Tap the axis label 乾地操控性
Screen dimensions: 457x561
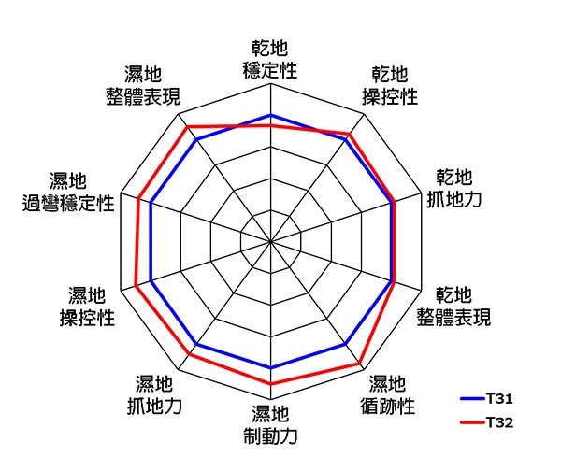coord(389,85)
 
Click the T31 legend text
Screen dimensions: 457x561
coord(499,397)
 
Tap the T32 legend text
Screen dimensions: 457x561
coord(499,422)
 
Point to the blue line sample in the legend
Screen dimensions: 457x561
coord(470,397)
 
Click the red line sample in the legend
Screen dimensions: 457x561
coord(470,422)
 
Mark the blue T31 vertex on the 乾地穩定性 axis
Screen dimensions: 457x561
coord(270,115)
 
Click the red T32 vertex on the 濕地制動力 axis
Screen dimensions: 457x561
coord(270,384)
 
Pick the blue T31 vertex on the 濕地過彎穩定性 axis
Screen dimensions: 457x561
coord(150,202)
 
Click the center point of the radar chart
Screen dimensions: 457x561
coord(270,241)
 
